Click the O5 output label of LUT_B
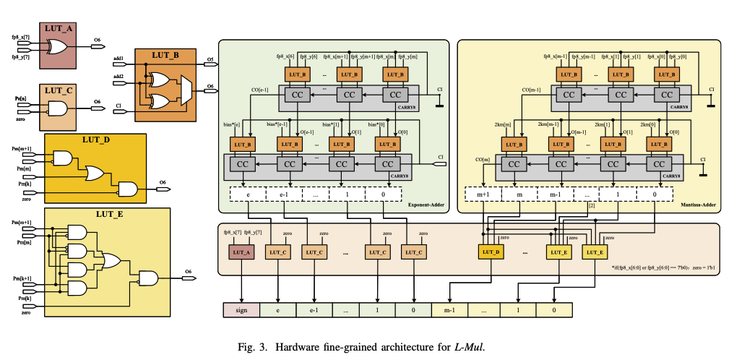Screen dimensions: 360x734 point(210,59)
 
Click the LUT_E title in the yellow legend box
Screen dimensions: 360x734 point(107,214)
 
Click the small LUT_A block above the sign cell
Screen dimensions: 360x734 point(241,252)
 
